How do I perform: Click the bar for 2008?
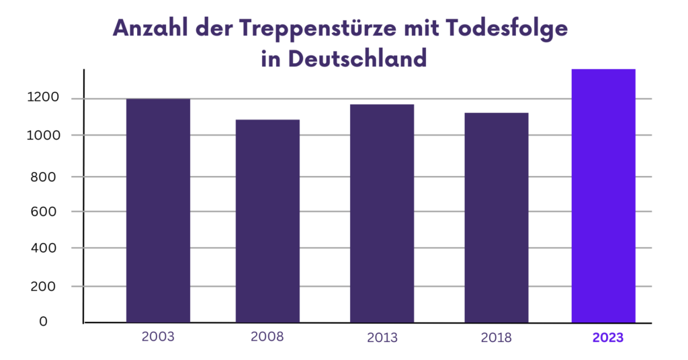267,221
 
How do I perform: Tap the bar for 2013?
382,213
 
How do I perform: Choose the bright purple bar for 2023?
603,195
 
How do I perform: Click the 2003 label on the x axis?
158,336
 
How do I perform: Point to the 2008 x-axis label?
267,337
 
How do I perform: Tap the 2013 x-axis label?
382,338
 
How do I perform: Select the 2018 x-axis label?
496,338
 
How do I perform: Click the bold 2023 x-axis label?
608,338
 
